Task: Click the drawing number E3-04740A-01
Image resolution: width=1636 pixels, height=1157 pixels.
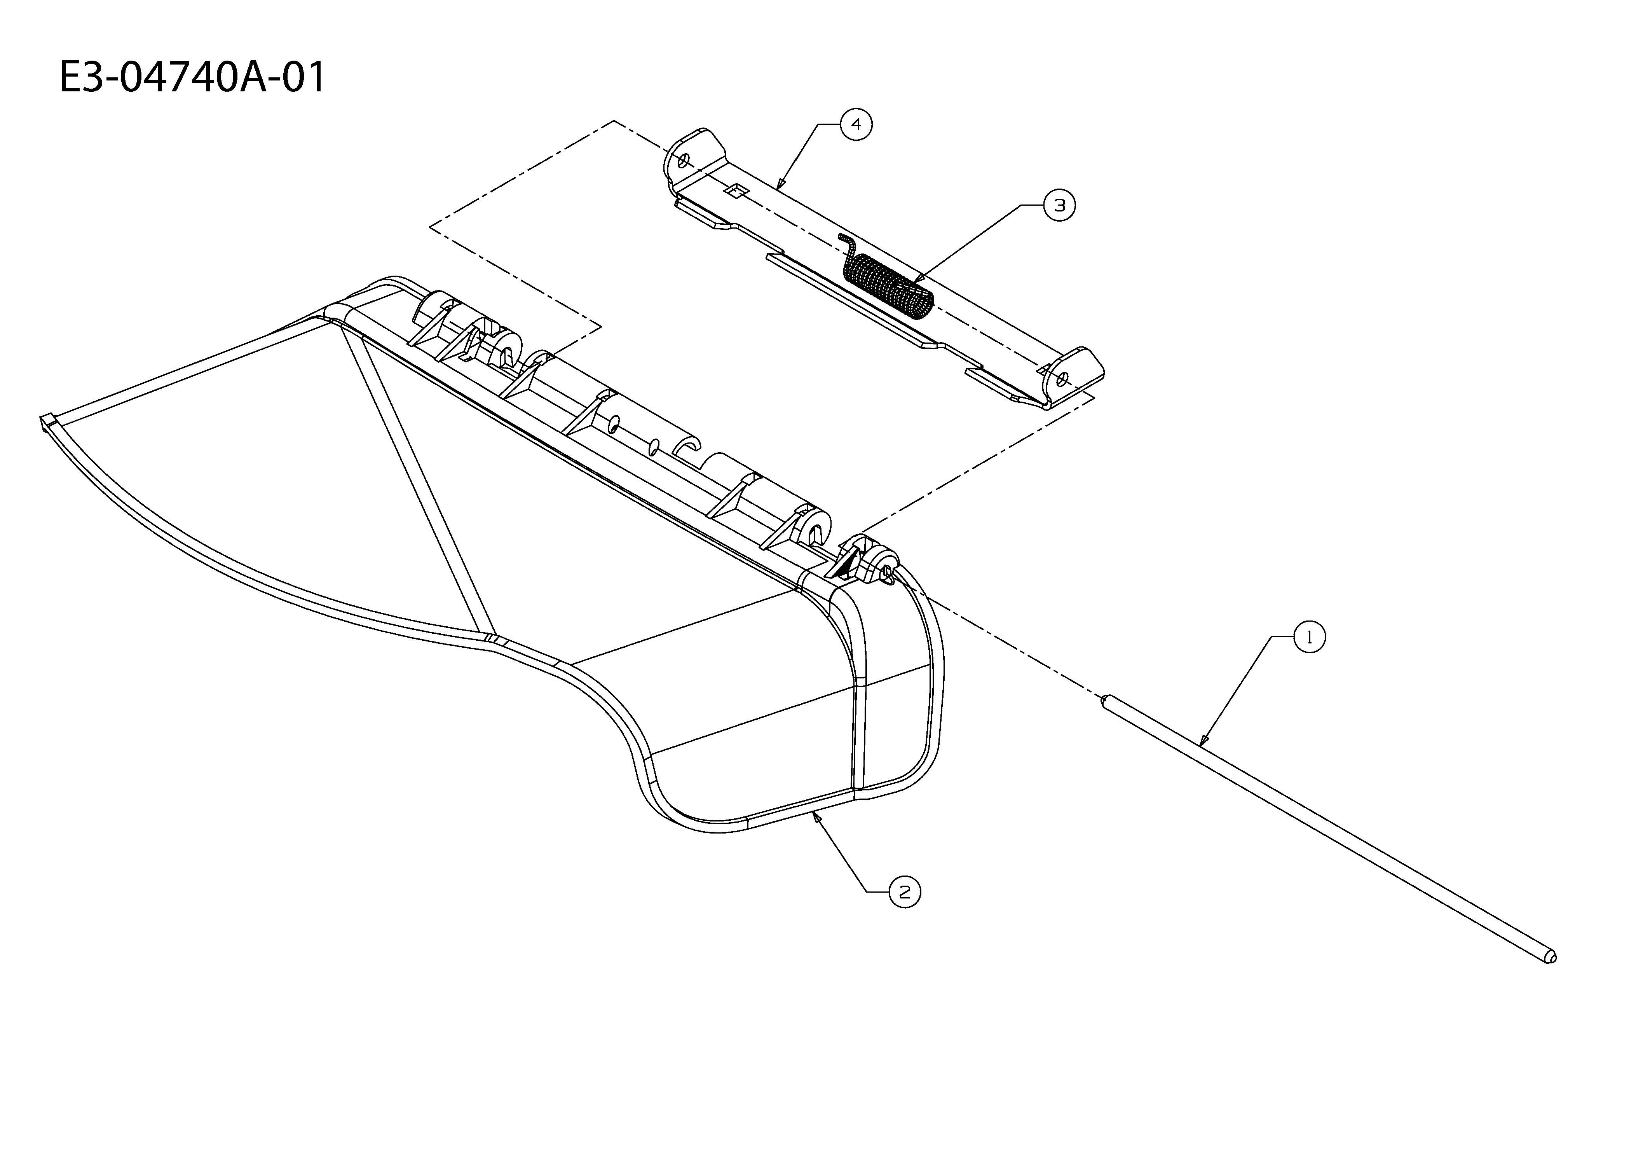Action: [192, 77]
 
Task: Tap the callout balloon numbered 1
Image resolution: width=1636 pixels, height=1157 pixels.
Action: [1309, 637]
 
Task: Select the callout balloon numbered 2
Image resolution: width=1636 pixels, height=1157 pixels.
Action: [905, 892]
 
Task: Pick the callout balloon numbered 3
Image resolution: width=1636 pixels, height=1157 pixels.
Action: [1060, 205]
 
